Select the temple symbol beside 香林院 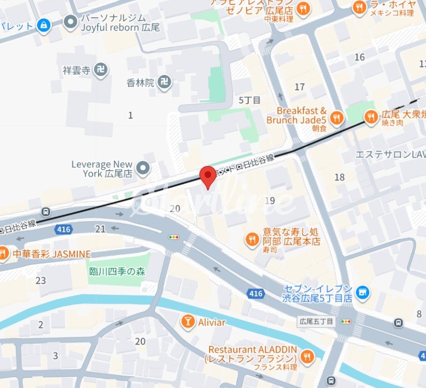(x=167, y=83)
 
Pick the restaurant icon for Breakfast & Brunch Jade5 (x=337, y=118)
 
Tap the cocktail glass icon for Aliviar (x=188, y=322)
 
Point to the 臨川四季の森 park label (x=117, y=271)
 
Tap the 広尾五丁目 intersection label (x=316, y=322)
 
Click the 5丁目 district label (x=249, y=100)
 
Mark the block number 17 (x=300, y=87)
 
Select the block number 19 (x=270, y=201)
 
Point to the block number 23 (x=41, y=280)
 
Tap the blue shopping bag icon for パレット (x=44, y=25)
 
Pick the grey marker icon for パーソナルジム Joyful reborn (x=70, y=22)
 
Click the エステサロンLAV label (x=390, y=155)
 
